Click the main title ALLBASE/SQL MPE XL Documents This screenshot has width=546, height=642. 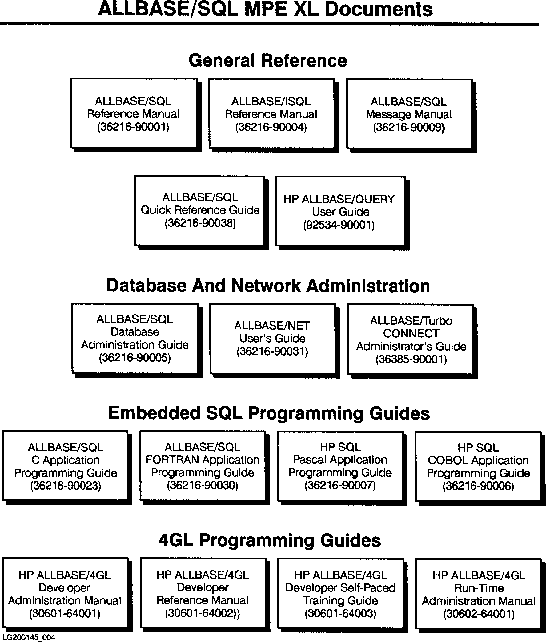(x=265, y=9)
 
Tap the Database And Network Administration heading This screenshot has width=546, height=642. (x=268, y=285)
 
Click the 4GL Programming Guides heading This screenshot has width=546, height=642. (x=270, y=540)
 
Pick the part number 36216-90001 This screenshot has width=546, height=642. (x=133, y=127)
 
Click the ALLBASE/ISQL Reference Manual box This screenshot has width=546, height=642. (x=271, y=114)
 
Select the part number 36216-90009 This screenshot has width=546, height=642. (x=409, y=127)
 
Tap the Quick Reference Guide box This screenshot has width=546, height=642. (x=200, y=210)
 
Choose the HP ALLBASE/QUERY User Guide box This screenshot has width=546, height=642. (x=339, y=212)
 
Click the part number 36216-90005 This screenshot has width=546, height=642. (x=135, y=358)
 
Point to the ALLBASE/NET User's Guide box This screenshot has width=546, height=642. (x=272, y=338)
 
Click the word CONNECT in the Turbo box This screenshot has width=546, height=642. (x=411, y=333)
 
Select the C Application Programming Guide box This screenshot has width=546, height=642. (x=65, y=466)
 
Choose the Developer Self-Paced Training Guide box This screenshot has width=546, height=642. (x=340, y=594)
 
